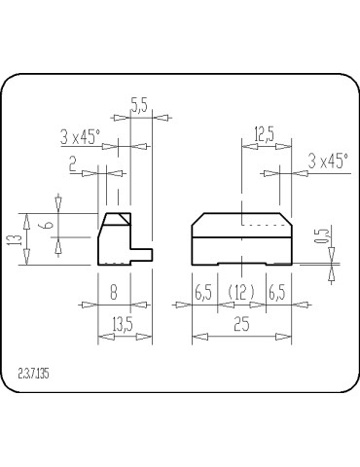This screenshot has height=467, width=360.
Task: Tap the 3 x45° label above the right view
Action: pos(327,161)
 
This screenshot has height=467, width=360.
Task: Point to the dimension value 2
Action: pos(72,164)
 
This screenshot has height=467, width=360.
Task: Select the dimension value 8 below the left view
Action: pos(114,291)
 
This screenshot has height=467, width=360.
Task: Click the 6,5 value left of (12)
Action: pos(204,291)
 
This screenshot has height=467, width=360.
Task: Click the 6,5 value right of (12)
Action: pos(276,291)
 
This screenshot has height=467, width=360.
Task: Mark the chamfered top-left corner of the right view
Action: pos(197,219)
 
